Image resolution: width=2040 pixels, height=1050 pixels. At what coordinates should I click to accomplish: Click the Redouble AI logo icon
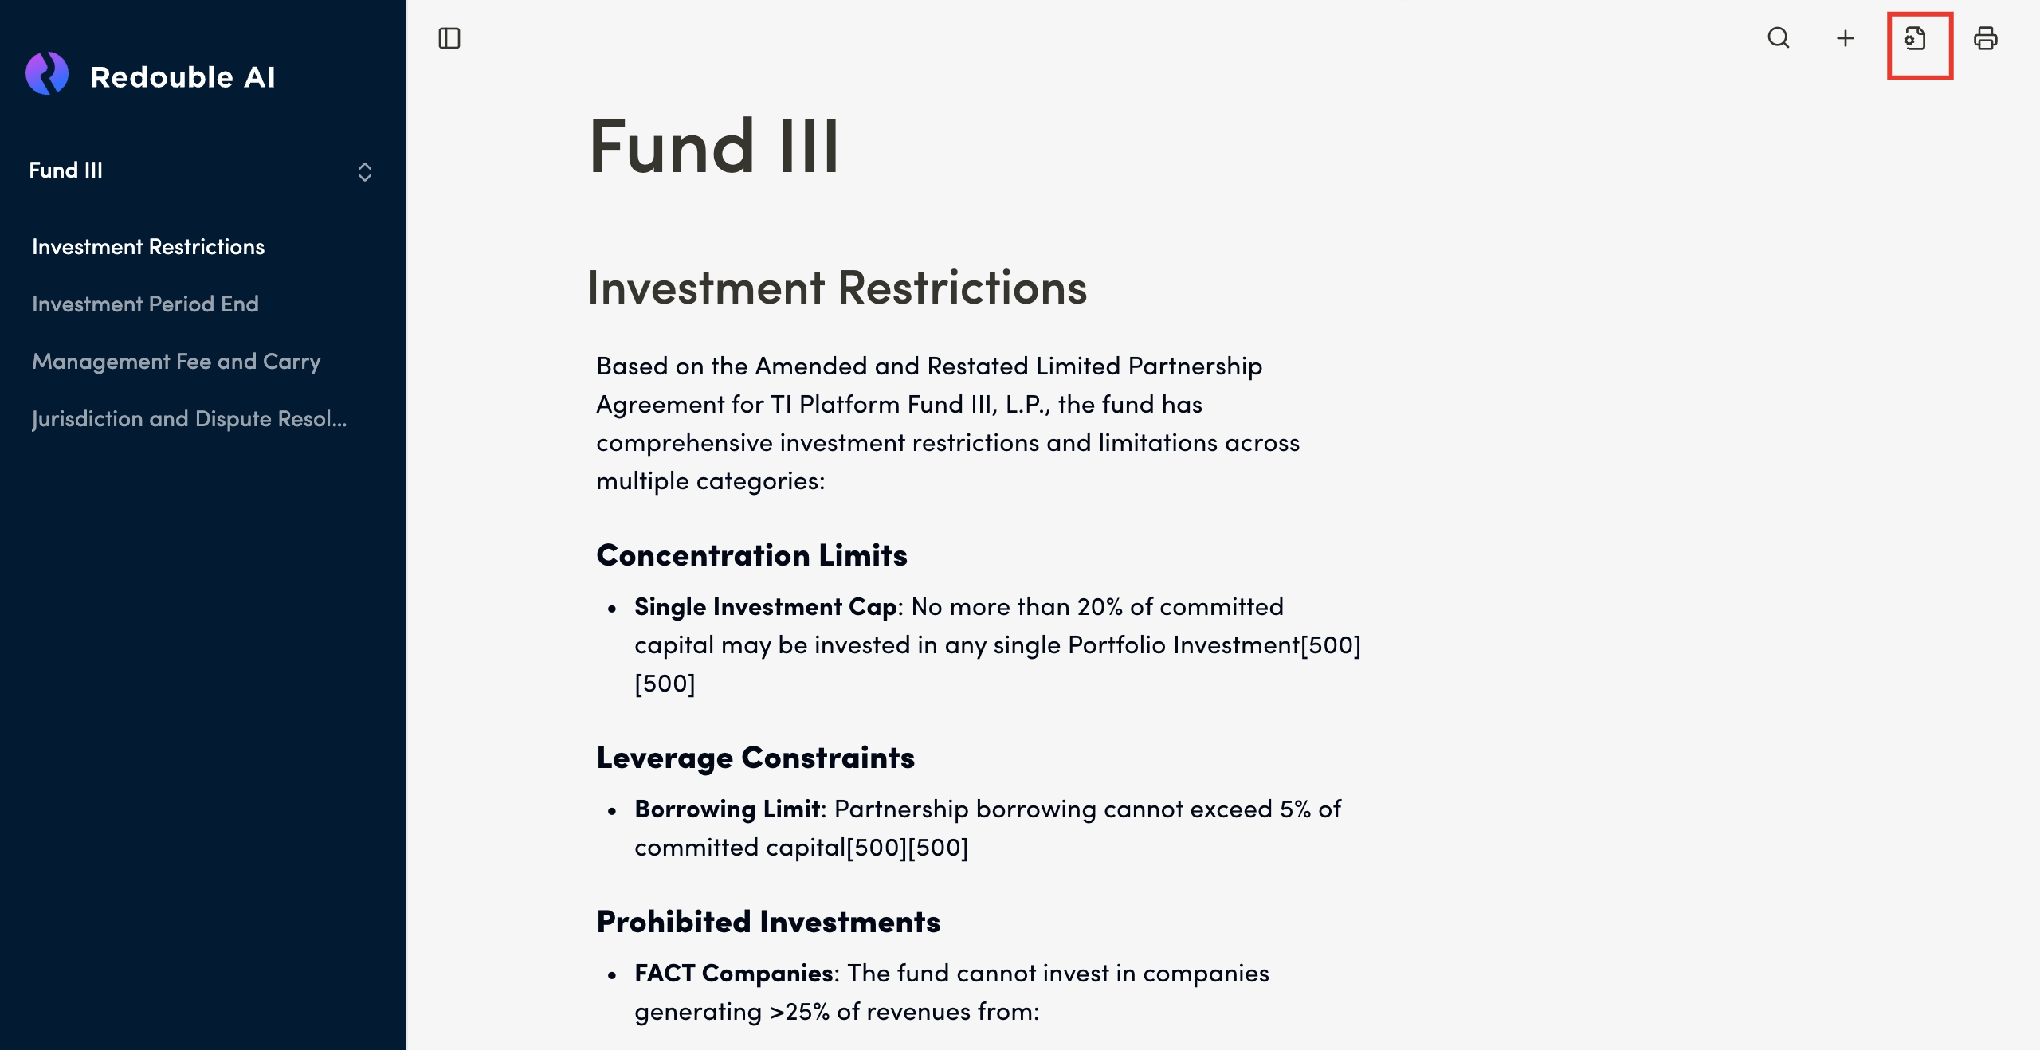coord(47,74)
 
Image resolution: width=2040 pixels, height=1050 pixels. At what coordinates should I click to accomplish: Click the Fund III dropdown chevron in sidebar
coord(365,171)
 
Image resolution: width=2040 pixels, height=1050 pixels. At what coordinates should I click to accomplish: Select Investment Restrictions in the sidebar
coord(148,247)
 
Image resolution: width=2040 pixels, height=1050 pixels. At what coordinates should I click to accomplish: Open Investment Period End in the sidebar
coord(145,304)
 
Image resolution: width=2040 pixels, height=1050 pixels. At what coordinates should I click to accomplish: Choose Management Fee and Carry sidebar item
coord(176,362)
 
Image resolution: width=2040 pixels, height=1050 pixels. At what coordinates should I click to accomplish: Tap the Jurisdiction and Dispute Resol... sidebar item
coord(190,419)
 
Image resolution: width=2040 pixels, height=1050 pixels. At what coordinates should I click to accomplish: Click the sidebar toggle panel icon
coord(449,38)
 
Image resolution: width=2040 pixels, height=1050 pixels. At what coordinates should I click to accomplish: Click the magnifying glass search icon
coord(1779,38)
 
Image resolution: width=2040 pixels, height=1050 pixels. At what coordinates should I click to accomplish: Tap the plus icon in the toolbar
coord(1846,38)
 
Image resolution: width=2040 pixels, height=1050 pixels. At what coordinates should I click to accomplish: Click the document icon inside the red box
coord(1916,38)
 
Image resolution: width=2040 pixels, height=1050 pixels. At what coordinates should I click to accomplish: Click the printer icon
coord(1985,38)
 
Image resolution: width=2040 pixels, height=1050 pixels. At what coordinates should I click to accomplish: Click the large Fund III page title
coord(714,147)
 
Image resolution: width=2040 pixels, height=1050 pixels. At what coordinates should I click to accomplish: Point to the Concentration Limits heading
coord(751,555)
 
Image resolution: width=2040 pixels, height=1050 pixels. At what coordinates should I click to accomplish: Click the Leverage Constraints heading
coord(755,758)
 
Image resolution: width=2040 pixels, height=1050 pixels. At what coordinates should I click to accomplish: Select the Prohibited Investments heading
coord(768,922)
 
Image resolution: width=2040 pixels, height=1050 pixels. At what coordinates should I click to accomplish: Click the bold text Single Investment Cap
coord(765,607)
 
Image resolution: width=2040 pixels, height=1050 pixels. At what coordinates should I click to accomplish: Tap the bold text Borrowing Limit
coord(727,809)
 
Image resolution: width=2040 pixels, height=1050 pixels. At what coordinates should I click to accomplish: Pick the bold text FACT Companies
coord(733,974)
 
